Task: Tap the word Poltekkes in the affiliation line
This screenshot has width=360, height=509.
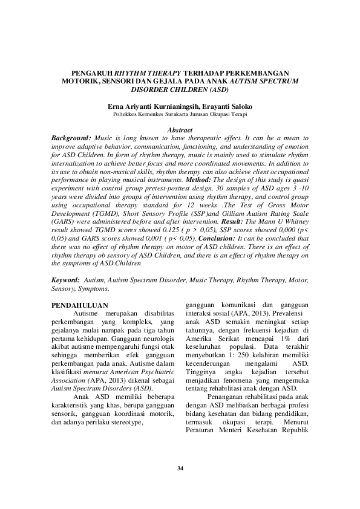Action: (x=126, y=113)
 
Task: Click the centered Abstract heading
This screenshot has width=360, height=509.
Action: (x=180, y=130)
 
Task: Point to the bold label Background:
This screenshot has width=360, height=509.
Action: (x=71, y=138)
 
